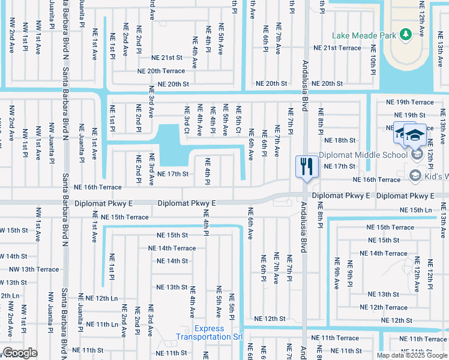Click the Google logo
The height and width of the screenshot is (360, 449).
pyautogui.click(x=20, y=353)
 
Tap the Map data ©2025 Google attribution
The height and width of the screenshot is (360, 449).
pyautogui.click(x=412, y=355)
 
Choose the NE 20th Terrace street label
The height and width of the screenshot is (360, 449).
pyautogui.click(x=161, y=71)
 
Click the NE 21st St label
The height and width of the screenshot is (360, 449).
pyautogui.click(x=166, y=58)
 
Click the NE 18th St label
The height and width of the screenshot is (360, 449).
pyautogui.click(x=340, y=140)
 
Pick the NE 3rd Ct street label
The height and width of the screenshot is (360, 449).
pyautogui.click(x=187, y=120)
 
